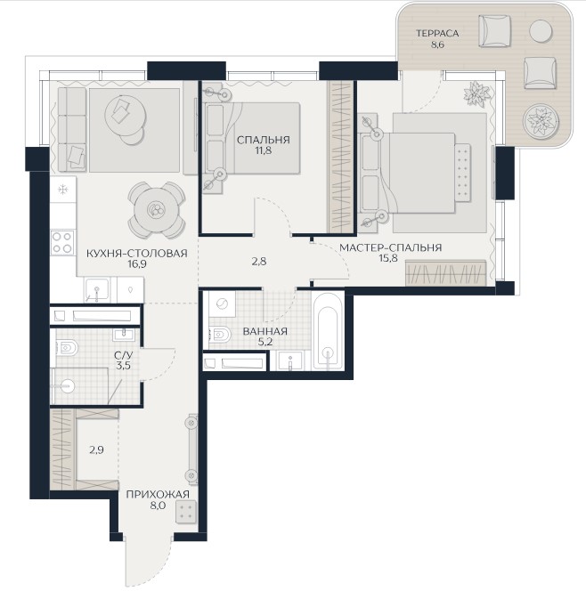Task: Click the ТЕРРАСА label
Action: click(437, 33)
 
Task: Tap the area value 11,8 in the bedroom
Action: click(264, 150)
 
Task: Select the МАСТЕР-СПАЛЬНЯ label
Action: click(390, 247)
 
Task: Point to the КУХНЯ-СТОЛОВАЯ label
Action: click(137, 254)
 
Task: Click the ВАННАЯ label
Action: click(265, 331)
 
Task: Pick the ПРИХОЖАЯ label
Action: click(158, 494)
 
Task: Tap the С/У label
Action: click(123, 356)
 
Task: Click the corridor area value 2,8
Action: click(259, 262)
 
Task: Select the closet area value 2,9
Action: click(97, 450)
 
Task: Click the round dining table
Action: click(157, 209)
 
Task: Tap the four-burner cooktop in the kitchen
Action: click(62, 243)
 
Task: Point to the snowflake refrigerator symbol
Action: click(62, 189)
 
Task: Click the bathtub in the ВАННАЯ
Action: click(328, 331)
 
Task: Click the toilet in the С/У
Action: click(66, 348)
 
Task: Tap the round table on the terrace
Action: click(541, 31)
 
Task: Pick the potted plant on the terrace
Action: click(541, 120)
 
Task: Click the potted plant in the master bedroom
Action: click(476, 93)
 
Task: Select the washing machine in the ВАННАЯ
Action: click(222, 304)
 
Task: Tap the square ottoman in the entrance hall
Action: click(186, 512)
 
